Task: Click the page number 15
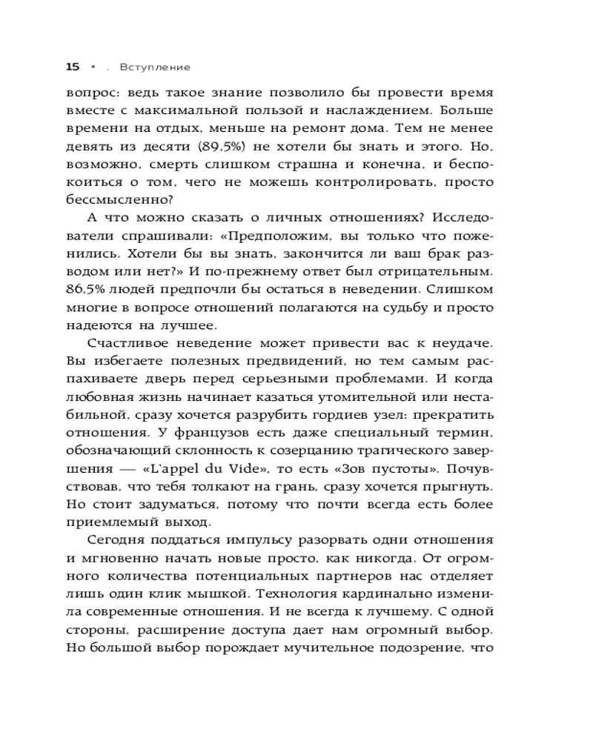coord(73,67)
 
